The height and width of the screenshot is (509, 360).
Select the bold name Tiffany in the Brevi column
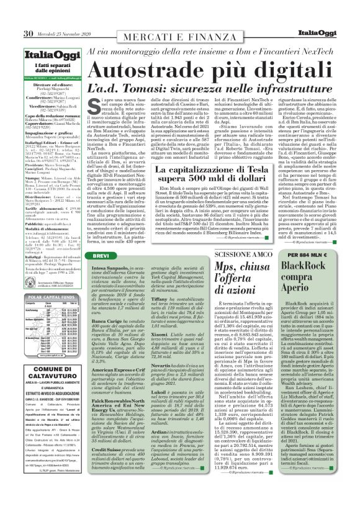tap(179, 281)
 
